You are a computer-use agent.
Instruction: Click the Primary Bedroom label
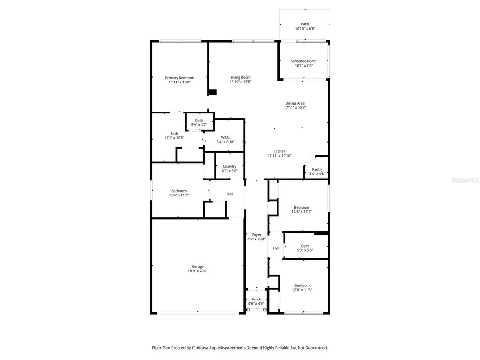(x=180, y=78)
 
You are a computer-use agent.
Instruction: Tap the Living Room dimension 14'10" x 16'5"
(x=240, y=82)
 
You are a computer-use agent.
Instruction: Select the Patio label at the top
(x=305, y=24)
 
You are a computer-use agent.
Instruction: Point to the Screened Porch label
(x=303, y=61)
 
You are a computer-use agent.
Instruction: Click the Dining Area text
(x=295, y=103)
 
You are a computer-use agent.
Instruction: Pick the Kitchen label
(x=279, y=151)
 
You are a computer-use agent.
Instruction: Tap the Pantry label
(x=317, y=170)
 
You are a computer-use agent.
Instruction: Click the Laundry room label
(x=229, y=166)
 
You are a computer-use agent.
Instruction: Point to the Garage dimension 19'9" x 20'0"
(x=197, y=271)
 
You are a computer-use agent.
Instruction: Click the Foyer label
(x=256, y=235)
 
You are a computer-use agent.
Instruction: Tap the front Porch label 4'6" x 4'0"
(x=256, y=299)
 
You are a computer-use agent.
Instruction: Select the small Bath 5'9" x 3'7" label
(x=199, y=120)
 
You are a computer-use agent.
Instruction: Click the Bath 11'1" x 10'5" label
(x=174, y=134)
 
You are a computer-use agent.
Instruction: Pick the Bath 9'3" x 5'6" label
(x=305, y=246)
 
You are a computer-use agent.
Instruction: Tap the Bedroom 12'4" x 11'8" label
(x=179, y=191)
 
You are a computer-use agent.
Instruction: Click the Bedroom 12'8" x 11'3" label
(x=302, y=285)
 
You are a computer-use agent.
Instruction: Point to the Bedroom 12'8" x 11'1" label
(x=301, y=207)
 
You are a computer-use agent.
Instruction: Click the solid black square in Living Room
(x=212, y=92)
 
